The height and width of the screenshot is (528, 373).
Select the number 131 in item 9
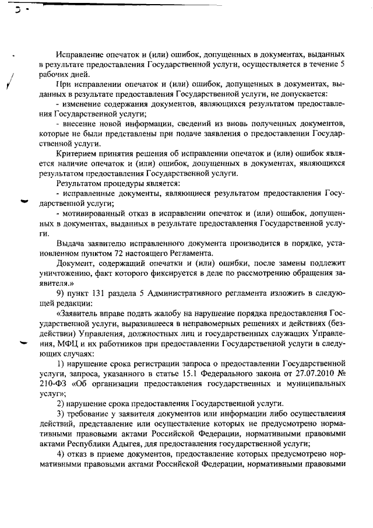point(98,292)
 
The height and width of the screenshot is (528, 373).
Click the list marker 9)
point(61,292)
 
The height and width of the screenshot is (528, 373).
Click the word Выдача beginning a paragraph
point(71,243)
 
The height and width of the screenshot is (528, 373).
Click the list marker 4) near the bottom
point(61,453)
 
